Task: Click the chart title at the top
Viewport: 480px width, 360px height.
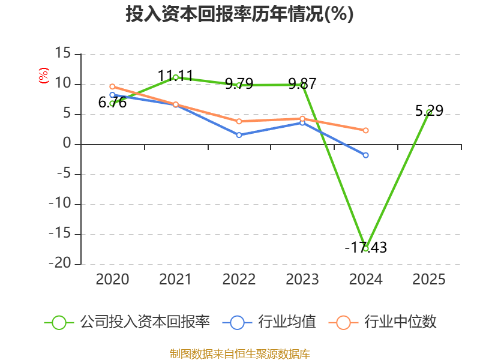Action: (x=239, y=14)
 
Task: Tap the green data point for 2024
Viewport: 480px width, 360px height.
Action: (x=365, y=248)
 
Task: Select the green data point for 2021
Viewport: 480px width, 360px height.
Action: (x=176, y=78)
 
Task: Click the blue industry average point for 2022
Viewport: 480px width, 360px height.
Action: (x=239, y=135)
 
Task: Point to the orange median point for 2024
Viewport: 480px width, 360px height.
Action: (x=365, y=130)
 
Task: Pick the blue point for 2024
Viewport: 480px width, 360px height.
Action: (x=365, y=155)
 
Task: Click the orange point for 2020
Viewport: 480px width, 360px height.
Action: (x=112, y=86)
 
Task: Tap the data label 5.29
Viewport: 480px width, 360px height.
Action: (x=429, y=110)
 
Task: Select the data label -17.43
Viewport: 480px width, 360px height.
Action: (x=366, y=247)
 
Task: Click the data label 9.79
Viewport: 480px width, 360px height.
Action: (x=239, y=83)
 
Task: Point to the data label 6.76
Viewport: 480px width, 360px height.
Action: (x=112, y=103)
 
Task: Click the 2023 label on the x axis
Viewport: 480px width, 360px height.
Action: (x=302, y=280)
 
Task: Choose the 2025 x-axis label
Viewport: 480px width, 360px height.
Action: (x=429, y=280)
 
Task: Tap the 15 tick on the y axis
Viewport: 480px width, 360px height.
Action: (x=63, y=53)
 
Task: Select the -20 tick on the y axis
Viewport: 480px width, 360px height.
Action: (x=60, y=263)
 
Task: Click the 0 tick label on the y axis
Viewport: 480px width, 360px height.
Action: (x=67, y=143)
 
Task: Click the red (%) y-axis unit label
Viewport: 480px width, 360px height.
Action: (x=43, y=76)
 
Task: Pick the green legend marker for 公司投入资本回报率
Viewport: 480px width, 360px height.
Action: (x=59, y=323)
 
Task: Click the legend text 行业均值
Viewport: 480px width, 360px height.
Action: (x=287, y=322)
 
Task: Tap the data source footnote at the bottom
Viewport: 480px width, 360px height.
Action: (x=240, y=354)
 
